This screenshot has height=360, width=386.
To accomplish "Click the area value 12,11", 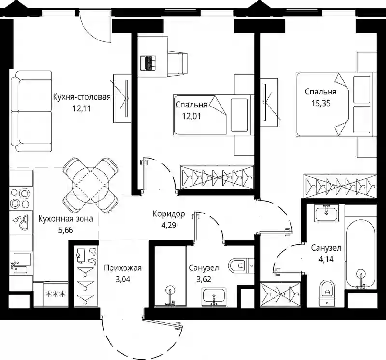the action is (82, 108).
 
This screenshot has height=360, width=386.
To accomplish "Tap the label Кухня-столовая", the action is (82, 97).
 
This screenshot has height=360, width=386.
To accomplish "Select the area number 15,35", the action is (321, 103).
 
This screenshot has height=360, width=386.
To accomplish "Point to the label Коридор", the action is (168, 214).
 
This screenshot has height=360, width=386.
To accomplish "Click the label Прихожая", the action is (123, 268).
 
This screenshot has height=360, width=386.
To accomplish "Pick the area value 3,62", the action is (204, 279).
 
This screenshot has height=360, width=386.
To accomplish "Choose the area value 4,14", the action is (326, 259).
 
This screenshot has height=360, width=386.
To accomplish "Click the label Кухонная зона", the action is (66, 219).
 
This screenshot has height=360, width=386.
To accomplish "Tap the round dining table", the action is (90, 185).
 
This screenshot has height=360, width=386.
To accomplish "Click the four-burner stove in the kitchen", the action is (20, 198).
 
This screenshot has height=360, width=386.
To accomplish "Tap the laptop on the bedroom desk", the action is (148, 63).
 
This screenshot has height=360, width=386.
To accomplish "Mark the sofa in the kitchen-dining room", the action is (31, 111).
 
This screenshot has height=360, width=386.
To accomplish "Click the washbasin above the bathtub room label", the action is (327, 213).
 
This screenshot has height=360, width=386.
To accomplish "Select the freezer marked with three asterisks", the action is (55, 294).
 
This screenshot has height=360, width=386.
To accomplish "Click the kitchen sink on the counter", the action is (21, 263).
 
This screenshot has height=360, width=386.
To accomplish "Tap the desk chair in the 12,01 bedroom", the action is (178, 63).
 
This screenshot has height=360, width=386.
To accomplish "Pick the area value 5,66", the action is (66, 230).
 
